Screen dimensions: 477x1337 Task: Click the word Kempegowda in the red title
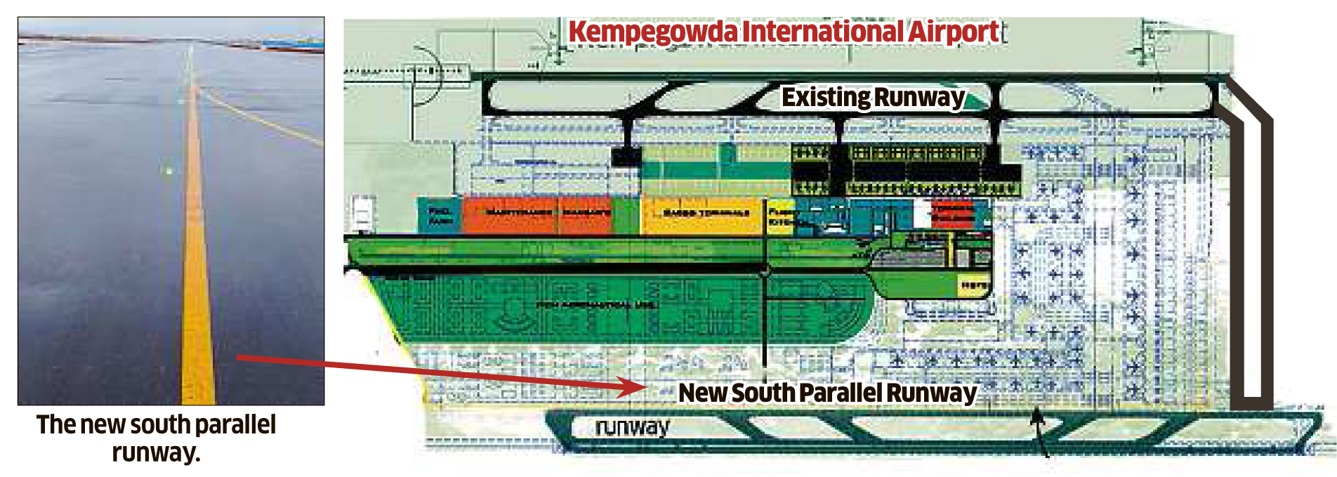653,32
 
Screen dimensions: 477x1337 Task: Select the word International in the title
823,32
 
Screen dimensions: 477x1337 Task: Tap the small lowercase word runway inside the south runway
631,426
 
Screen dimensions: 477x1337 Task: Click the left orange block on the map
511,214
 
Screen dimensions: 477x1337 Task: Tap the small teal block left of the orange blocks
440,214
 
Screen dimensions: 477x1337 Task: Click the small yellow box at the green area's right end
973,285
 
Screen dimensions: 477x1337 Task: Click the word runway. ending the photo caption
156,452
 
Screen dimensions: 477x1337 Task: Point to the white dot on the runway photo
168,170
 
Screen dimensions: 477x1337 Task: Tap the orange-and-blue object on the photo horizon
294,46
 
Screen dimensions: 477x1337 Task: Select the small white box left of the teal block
362,211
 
